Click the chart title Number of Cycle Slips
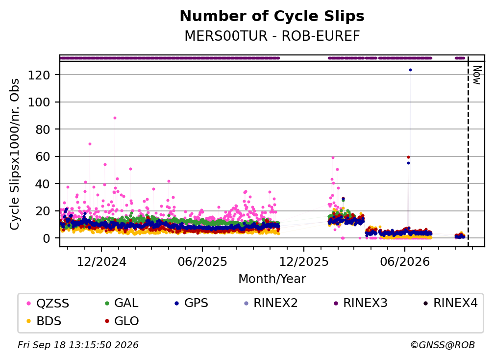pos(272,16)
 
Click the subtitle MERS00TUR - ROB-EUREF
pos(272,36)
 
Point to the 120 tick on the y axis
pos(39,75)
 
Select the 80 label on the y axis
pos(43,129)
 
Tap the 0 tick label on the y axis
pos(47,238)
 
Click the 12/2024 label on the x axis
pos(101,261)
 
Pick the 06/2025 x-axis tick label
pos(202,261)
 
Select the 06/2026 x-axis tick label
pos(405,261)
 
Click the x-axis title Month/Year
pos(272,279)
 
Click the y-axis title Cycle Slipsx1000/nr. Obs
pos(15,154)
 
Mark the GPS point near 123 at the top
pos(410,70)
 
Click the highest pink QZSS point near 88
pos(115,118)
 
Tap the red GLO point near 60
pos(408,157)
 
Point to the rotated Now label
pos(477,75)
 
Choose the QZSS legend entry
pos(48,303)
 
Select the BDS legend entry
pos(44,321)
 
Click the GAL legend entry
pos(122,303)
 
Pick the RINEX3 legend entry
pos(360,303)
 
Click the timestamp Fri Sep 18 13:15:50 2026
pos(78,345)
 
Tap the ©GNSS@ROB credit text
pos(443,345)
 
